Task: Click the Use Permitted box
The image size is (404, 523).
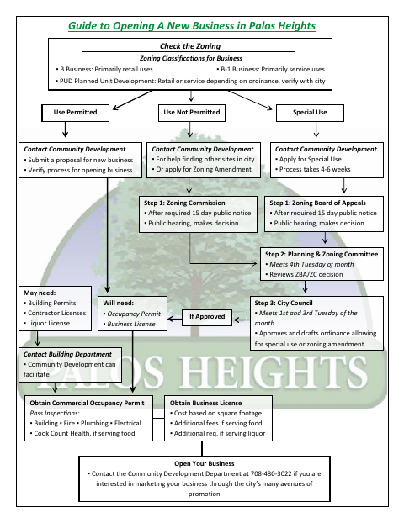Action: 75,113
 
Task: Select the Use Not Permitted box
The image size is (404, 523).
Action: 192,113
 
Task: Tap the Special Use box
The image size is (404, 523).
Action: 310,113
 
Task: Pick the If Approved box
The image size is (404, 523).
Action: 207,317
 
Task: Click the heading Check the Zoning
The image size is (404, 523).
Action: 190,46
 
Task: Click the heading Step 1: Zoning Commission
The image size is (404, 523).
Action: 184,203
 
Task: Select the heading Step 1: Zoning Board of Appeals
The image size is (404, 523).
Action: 317,203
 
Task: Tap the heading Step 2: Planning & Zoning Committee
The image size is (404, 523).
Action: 322,254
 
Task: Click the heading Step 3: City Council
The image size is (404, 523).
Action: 284,303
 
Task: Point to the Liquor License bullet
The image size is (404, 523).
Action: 47,323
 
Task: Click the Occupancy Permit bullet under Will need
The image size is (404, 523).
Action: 131,314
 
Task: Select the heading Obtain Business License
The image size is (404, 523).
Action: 205,403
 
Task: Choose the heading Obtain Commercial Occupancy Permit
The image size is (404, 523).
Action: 87,403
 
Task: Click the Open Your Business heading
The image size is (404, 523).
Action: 205,463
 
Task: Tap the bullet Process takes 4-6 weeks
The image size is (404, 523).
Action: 313,169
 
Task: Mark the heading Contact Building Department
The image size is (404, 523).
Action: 67,354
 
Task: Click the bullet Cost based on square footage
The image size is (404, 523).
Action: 215,413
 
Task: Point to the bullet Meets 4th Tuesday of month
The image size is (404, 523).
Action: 310,264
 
